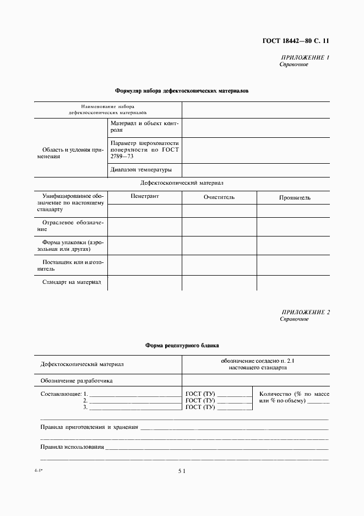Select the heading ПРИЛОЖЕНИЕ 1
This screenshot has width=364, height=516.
pyautogui.click(x=305, y=57)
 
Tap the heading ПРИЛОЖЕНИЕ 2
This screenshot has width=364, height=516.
pyautogui.click(x=305, y=312)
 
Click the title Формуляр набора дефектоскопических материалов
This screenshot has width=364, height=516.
pyautogui.click(x=181, y=90)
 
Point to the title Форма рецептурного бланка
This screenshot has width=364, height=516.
pyautogui.click(x=182, y=346)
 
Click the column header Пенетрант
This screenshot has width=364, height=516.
pyautogui.click(x=144, y=196)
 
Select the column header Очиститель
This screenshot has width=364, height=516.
pyautogui.click(x=219, y=197)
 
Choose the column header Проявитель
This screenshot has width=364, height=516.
pyautogui.click(x=294, y=197)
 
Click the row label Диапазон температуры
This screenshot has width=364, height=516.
pyautogui.click(x=140, y=170)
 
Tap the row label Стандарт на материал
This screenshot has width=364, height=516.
pyautogui.click(x=72, y=282)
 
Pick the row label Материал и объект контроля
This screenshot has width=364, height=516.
pyautogui.click(x=145, y=127)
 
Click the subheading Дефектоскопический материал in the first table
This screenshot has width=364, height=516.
pyautogui.click(x=182, y=183)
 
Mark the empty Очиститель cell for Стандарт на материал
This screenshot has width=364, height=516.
pyautogui.click(x=219, y=282)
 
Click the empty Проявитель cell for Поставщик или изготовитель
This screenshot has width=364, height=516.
pyautogui.click(x=294, y=265)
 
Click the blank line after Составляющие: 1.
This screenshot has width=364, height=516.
pyautogui.click(x=134, y=394)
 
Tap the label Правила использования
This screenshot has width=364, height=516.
pyautogui.click(x=72, y=447)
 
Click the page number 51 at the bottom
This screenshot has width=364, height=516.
pyautogui.click(x=182, y=471)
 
